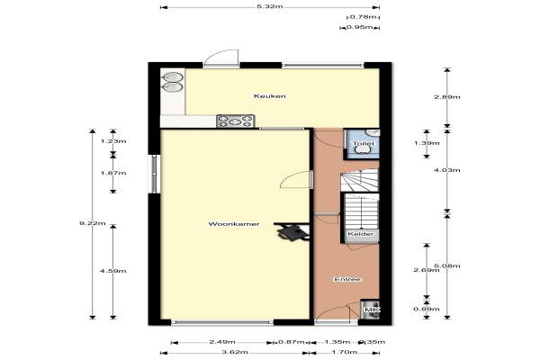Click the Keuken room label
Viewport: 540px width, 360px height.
(x=270, y=96)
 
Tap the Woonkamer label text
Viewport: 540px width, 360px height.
(x=234, y=224)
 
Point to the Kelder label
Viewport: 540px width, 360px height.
(x=361, y=234)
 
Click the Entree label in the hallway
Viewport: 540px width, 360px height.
(x=347, y=279)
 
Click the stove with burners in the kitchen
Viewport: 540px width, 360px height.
(x=236, y=121)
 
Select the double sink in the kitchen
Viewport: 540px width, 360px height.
(x=172, y=82)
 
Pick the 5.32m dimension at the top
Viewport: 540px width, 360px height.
(x=270, y=6)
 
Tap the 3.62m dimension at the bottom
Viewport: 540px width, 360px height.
(x=235, y=352)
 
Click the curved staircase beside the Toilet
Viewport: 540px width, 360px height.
(x=360, y=180)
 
